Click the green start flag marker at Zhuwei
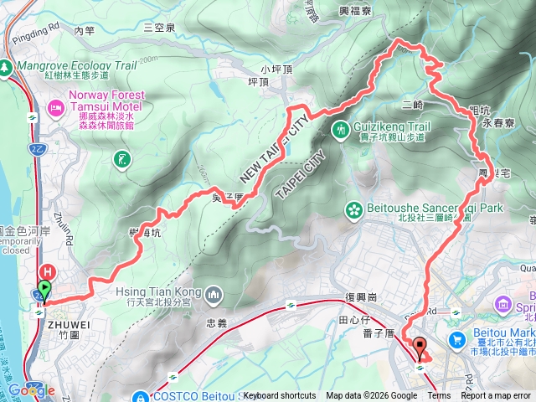[44, 290]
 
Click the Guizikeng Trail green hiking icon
[342, 129]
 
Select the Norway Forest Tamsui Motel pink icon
[55, 107]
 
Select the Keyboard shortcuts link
[280, 396]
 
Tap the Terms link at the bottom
[438, 396]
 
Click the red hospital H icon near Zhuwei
[48, 271]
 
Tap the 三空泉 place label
[158, 27]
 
